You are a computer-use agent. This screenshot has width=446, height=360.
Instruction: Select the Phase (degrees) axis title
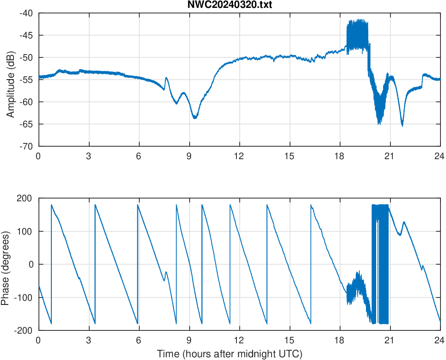tap(6, 264)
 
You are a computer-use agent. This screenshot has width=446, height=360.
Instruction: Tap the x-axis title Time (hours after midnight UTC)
tap(229, 354)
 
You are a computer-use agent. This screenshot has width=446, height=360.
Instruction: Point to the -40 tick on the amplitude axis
tap(26, 13)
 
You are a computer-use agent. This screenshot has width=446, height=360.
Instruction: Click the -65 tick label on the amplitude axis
tap(26, 124)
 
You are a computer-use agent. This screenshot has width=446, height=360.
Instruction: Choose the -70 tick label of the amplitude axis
tap(26, 146)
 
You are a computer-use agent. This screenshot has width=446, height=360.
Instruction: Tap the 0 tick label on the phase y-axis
tap(31, 264)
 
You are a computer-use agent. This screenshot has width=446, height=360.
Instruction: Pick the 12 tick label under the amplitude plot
tap(239, 156)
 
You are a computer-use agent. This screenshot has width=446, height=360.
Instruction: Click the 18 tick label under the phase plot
tap(340, 340)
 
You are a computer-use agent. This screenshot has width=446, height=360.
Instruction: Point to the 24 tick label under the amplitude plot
tap(440, 156)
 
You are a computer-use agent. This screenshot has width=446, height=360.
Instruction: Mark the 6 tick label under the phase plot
tap(138, 340)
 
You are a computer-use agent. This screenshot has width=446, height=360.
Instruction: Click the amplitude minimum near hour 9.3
tap(195, 118)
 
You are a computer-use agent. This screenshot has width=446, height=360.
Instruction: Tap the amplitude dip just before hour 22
tap(402, 125)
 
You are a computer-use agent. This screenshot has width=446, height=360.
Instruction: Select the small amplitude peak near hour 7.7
tap(166, 78)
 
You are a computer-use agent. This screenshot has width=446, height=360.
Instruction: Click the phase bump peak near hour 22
tap(404, 222)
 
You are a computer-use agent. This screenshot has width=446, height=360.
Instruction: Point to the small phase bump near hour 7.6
tap(166, 273)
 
